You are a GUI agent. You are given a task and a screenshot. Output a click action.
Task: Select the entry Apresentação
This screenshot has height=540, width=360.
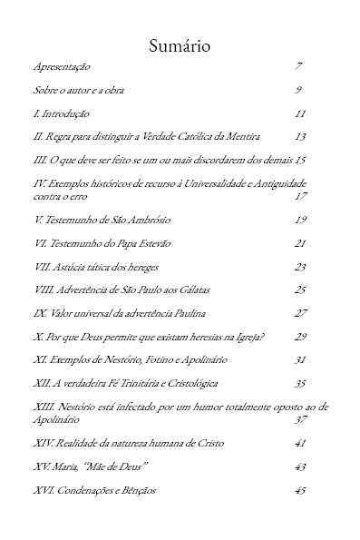point(62,68)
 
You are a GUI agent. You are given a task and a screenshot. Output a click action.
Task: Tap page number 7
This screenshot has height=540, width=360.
point(298,67)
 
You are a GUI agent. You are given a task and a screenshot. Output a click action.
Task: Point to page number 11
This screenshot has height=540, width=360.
point(300,113)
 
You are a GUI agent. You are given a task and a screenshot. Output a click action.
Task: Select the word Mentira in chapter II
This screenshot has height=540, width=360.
point(243,136)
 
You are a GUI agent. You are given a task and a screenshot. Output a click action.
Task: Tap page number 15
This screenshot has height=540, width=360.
point(300,160)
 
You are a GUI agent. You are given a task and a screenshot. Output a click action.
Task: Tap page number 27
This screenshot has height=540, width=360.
point(301,313)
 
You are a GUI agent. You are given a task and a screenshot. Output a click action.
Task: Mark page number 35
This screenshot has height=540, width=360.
point(301,383)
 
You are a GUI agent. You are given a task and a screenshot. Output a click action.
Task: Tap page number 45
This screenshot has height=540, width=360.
point(301,490)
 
